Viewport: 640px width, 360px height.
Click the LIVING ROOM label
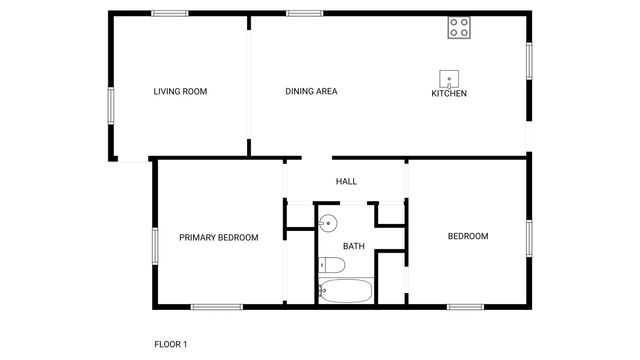point(180,92)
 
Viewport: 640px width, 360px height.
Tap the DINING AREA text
point(311,92)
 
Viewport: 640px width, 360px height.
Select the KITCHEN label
point(449,94)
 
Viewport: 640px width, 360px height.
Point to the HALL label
point(346,181)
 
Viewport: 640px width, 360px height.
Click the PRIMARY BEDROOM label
point(218,238)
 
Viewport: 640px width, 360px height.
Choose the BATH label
point(354,246)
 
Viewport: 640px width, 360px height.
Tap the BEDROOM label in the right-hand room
point(467,236)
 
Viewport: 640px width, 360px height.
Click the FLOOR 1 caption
point(170,344)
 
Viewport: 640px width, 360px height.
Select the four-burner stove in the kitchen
point(459,28)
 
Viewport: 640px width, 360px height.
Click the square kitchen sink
point(450,78)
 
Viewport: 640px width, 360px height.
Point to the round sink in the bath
point(328,223)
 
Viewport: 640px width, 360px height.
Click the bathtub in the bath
point(346,291)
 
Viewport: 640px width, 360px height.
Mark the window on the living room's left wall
point(110,105)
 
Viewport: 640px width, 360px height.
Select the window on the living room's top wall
point(170,13)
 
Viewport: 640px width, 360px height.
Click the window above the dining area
point(303,13)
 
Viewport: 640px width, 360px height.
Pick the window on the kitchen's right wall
point(529,60)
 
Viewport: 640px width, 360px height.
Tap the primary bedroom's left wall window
point(154,246)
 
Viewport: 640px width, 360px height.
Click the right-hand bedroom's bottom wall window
point(465,306)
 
